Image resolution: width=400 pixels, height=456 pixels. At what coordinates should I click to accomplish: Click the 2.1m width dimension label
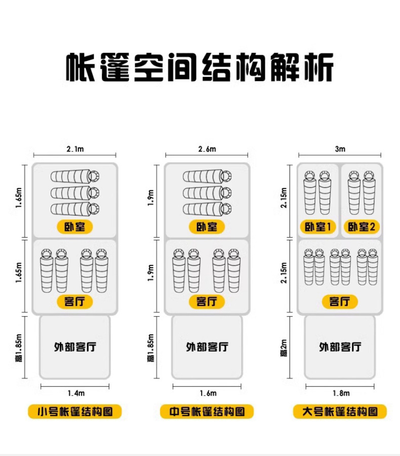click(75, 149)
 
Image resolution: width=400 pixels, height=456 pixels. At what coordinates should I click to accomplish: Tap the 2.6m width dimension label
click(207, 149)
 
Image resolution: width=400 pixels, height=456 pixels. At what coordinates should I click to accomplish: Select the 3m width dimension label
click(340, 149)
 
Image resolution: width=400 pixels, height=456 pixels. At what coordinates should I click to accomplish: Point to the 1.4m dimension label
click(76, 393)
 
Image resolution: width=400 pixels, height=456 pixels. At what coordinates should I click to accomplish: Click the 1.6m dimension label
click(208, 393)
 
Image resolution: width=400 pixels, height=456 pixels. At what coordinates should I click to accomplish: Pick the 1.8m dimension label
click(341, 393)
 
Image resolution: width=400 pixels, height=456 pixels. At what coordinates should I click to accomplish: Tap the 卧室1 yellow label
click(318, 227)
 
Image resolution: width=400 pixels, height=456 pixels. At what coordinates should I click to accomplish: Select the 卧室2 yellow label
click(362, 227)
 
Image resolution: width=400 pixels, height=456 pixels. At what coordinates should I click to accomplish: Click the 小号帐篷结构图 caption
click(75, 411)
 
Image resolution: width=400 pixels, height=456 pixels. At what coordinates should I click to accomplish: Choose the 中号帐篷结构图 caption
click(207, 411)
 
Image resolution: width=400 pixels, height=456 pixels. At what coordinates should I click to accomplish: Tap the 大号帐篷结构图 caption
click(340, 411)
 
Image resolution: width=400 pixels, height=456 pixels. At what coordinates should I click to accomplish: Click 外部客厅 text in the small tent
click(75, 347)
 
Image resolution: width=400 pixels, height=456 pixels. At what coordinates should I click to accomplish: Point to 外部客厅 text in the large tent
click(340, 347)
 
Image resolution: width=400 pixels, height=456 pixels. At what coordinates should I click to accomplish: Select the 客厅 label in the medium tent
click(207, 301)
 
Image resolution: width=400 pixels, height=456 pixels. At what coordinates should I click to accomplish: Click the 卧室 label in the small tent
click(75, 227)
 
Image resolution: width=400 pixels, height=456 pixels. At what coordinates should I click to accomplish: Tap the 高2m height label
click(284, 348)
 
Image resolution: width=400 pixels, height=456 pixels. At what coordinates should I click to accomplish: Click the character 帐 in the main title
click(80, 67)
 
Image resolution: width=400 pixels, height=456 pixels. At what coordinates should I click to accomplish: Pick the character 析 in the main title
click(318, 67)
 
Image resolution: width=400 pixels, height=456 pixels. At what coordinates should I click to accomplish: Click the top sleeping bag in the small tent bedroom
click(75, 176)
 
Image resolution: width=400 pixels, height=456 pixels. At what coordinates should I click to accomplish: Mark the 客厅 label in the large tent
click(340, 301)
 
